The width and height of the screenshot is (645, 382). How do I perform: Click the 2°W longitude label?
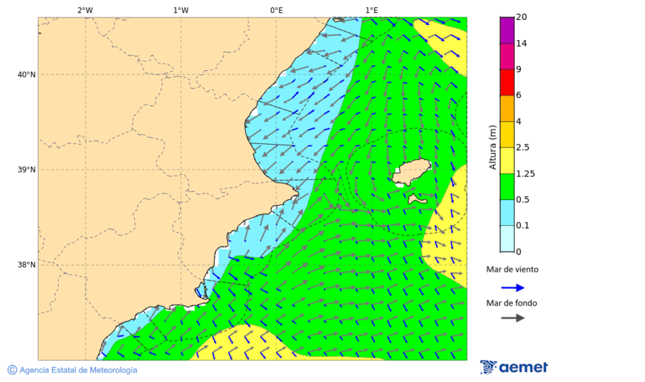point(85,10)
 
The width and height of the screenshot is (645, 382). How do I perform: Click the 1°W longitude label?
point(181,10)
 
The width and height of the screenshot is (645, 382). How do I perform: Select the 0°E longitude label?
point(276,10)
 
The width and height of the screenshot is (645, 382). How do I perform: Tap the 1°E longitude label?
point(372,10)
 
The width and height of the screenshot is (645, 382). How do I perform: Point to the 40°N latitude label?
point(27,75)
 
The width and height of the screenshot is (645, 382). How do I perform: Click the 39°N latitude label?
point(27,170)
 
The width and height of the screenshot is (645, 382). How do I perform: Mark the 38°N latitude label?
point(27,265)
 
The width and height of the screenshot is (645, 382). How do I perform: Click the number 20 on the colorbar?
point(522,17)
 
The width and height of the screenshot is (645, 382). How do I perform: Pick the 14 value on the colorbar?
point(522,44)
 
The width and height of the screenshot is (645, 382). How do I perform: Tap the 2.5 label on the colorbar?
point(523,148)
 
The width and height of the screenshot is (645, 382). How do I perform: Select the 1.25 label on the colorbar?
point(525,173)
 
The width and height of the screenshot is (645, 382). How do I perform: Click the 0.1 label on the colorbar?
point(523,226)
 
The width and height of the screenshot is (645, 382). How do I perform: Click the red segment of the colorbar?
point(507,82)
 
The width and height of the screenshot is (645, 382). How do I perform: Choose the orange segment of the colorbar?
point(507,108)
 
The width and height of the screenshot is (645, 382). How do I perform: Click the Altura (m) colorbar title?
point(492,147)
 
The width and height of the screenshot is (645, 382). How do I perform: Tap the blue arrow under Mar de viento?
point(512,287)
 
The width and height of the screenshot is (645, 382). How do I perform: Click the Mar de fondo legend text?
point(511,303)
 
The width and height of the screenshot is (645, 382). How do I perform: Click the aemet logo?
point(514,367)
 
